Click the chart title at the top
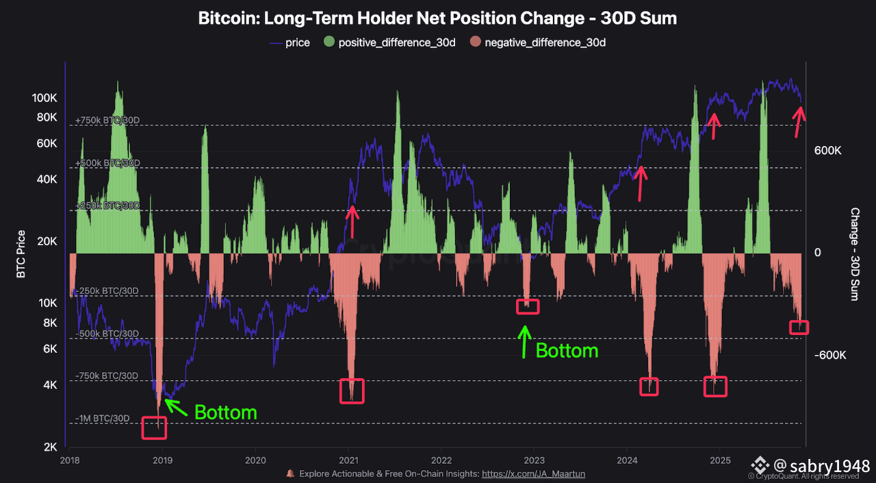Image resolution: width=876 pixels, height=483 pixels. [437, 18]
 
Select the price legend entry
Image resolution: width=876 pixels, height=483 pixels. [289, 42]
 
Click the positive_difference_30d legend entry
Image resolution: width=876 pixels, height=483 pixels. [390, 42]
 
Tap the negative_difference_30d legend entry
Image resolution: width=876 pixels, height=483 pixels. [538, 42]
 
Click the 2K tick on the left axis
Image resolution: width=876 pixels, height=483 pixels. [50, 447]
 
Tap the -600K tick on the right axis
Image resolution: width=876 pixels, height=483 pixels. [829, 355]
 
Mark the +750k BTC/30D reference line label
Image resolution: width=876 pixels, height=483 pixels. [107, 121]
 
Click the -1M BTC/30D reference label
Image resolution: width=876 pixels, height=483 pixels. [102, 419]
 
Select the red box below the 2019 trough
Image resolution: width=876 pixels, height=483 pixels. [153, 428]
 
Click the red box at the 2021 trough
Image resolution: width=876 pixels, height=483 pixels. [352, 391]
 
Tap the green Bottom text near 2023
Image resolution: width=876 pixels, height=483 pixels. [567, 351]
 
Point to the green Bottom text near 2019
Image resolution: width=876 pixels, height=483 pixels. [226, 412]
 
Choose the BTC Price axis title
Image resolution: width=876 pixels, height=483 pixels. [21, 253]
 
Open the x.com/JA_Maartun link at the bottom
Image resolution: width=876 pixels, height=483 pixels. [533, 473]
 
